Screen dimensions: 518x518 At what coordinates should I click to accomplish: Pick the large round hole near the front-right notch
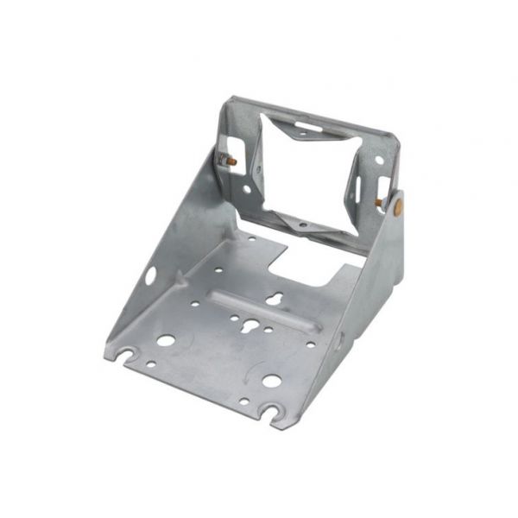pos(270,381)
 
